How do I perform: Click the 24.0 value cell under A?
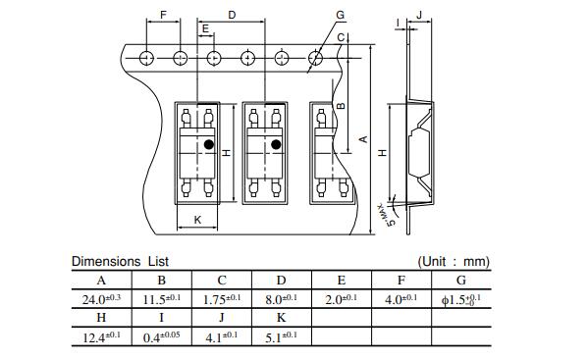(101, 299)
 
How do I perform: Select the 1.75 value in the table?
(222, 299)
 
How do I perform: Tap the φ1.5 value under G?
(460, 299)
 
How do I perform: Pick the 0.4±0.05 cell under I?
(161, 336)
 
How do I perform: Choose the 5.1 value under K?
(282, 336)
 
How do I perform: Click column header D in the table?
(282, 280)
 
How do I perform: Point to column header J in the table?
(222, 318)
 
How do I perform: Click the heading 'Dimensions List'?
(120, 261)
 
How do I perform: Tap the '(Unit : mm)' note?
(454, 261)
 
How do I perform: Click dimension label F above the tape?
(163, 15)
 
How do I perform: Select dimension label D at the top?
(232, 15)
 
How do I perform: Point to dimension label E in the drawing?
(205, 28)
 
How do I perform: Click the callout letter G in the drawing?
(340, 15)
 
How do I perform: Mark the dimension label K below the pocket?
(197, 220)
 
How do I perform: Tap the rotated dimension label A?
(363, 139)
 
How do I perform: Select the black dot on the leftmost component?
(209, 144)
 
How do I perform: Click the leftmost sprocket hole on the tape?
(146, 58)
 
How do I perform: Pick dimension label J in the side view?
(419, 15)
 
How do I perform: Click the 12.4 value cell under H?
(101, 336)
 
